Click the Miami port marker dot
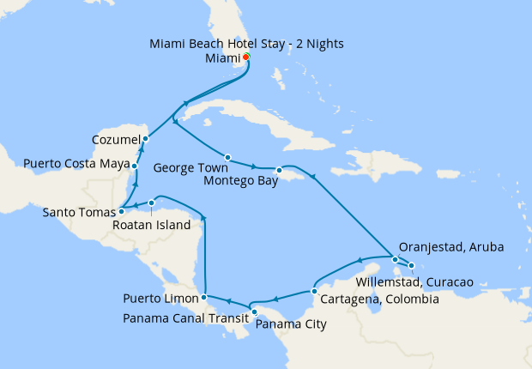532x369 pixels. [246, 57]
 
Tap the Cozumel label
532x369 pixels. [116, 139]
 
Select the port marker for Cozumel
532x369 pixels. [145, 138]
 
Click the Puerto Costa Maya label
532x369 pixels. [76, 163]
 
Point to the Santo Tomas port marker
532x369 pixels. [121, 210]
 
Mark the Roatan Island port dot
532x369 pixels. [152, 203]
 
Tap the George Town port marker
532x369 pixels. [227, 157]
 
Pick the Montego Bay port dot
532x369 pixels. [279, 170]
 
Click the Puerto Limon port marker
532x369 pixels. [203, 298]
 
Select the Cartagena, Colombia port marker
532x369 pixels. [314, 290]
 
